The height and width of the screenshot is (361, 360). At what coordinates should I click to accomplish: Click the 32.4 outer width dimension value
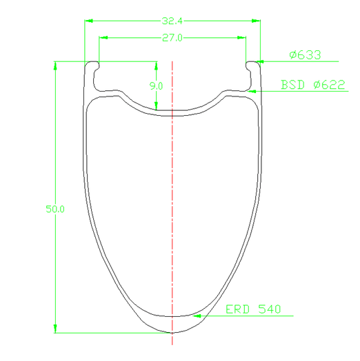pyautogui.click(x=172, y=21)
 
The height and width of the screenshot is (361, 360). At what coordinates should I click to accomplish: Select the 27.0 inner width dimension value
pyautogui.click(x=172, y=38)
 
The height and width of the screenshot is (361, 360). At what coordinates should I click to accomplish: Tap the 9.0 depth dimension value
pyautogui.click(x=156, y=86)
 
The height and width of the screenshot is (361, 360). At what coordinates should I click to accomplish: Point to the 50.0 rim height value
pyautogui.click(x=55, y=209)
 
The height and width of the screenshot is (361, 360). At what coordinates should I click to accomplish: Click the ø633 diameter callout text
pyautogui.click(x=305, y=55)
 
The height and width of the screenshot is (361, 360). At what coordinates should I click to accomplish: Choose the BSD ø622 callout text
pyautogui.click(x=312, y=85)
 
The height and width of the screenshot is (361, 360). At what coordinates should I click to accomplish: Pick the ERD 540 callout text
pyautogui.click(x=253, y=309)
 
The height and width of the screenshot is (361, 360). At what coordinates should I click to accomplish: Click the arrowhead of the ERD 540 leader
pyautogui.click(x=197, y=316)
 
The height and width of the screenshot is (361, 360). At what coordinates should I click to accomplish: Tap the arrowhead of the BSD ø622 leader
pyautogui.click(x=252, y=92)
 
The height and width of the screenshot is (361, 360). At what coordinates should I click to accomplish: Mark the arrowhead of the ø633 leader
pyautogui.click(x=260, y=61)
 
